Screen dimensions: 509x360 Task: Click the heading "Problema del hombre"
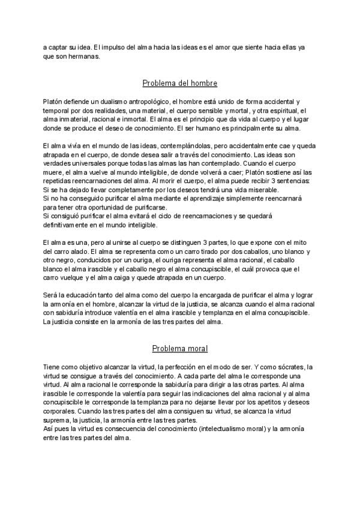[179, 83]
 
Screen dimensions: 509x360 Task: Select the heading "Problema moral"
[179, 348]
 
